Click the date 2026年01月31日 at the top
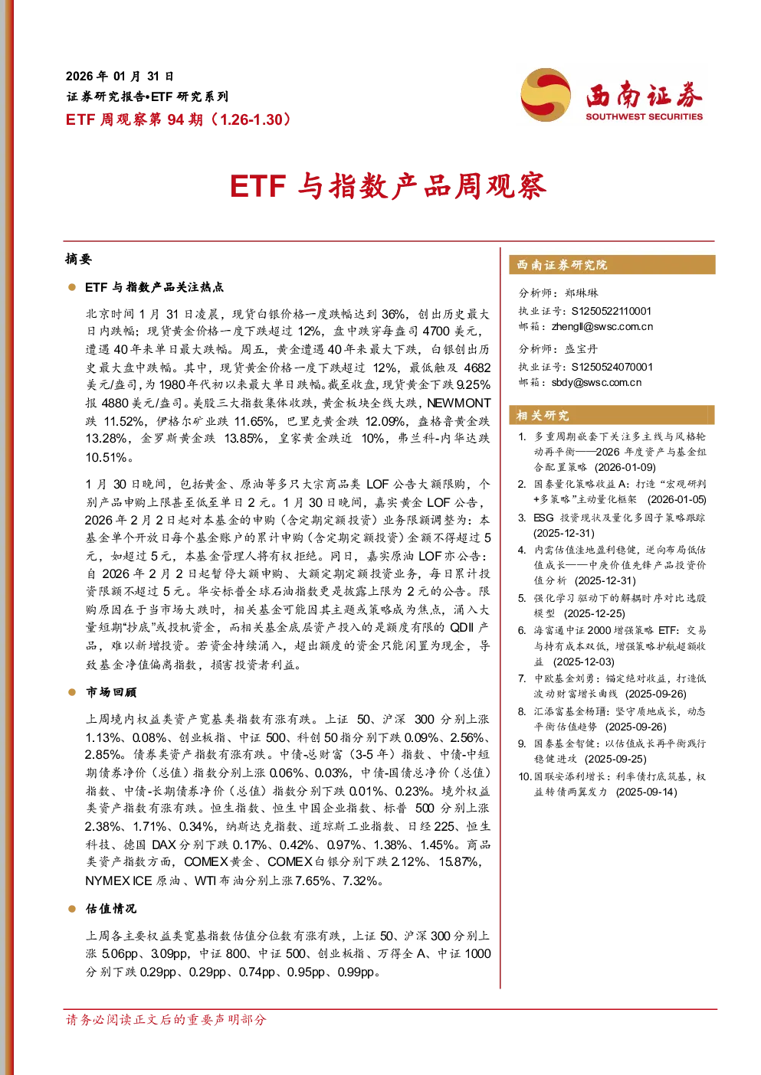120,77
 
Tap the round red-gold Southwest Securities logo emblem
546,94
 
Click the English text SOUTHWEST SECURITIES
644,116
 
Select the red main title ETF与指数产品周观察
389,186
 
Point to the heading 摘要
78,259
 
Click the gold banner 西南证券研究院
612,265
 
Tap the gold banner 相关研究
612,415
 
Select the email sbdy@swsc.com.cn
596,383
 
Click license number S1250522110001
611,311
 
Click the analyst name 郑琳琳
582,293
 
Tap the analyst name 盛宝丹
582,349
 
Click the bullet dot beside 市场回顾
72,692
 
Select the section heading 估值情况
111,909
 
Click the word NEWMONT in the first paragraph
459,403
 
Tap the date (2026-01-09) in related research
625,467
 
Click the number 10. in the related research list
525,776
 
